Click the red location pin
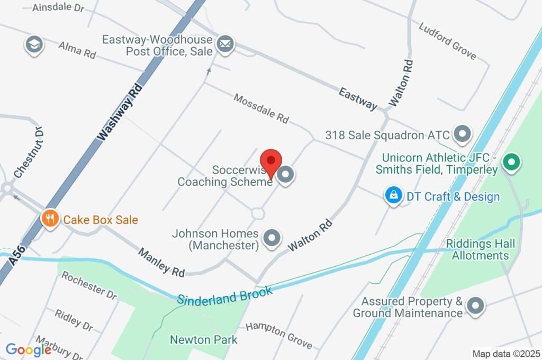272,160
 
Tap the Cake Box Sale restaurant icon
50,219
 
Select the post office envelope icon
226,44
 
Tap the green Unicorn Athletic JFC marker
511,163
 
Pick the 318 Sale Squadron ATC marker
463,134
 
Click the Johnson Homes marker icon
272,239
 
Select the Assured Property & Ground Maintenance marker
475,306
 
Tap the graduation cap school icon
34,44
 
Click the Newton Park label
203,339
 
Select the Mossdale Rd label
261,109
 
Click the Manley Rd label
161,262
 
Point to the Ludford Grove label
447,41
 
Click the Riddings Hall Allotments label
481,249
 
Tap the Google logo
29,350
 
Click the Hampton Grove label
278,335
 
